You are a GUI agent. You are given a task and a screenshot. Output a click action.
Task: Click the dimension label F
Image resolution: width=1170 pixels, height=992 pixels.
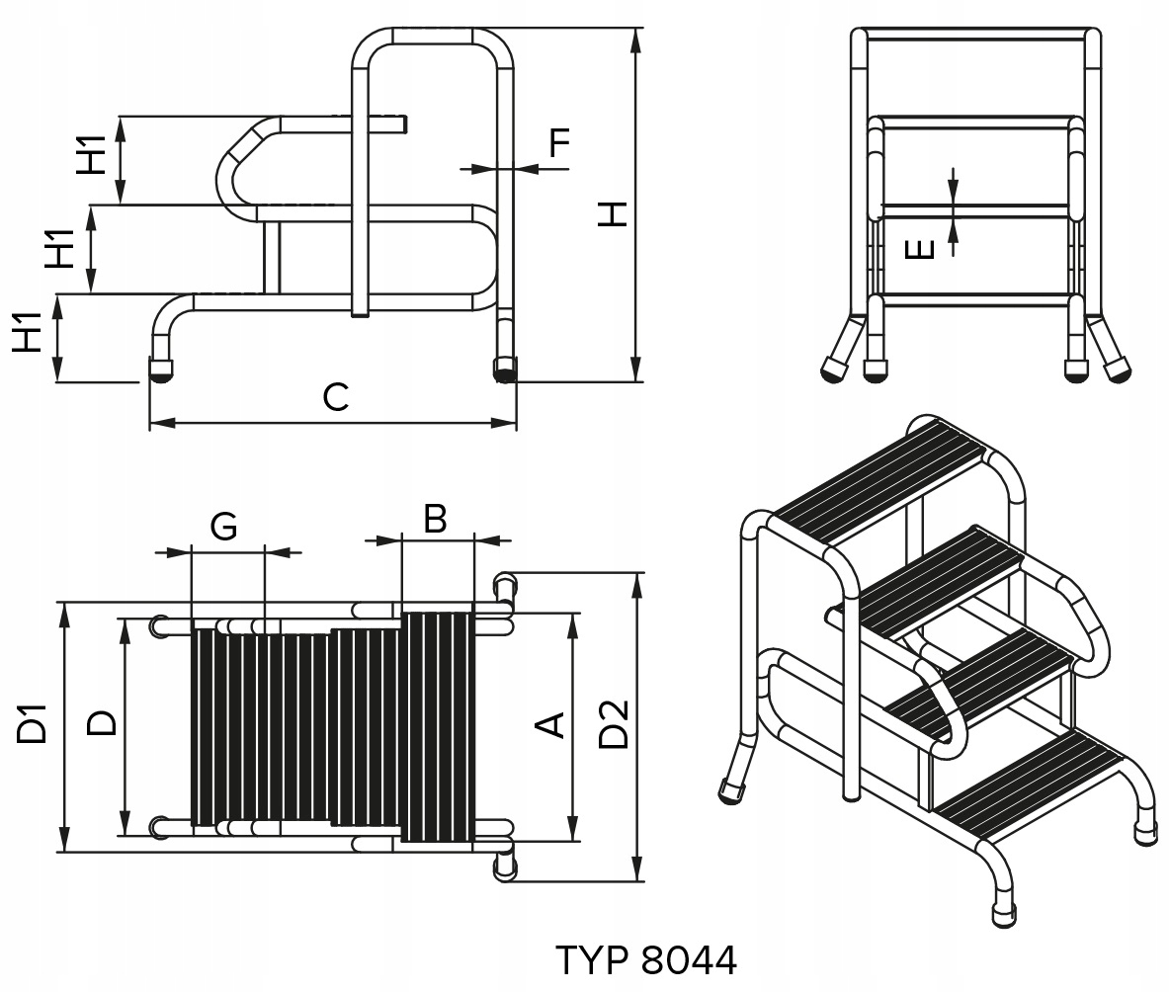[559, 144]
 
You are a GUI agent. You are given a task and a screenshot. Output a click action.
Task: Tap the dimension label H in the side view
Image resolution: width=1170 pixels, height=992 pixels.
[614, 212]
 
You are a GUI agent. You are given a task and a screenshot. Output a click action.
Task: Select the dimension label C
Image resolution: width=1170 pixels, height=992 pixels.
[336, 398]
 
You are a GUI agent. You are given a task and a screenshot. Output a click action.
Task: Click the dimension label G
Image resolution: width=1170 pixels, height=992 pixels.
[224, 528]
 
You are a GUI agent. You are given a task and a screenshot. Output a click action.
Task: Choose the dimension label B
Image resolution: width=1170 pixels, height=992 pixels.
[436, 518]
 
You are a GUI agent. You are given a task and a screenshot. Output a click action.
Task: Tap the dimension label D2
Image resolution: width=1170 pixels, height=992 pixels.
[614, 723]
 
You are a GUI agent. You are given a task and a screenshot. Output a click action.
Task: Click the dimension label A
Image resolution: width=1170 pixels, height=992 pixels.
[550, 725]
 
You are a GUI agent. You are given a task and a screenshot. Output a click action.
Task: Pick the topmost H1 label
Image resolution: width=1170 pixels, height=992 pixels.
[93, 159]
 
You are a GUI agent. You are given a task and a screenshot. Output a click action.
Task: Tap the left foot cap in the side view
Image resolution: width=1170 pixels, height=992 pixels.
[160, 372]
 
